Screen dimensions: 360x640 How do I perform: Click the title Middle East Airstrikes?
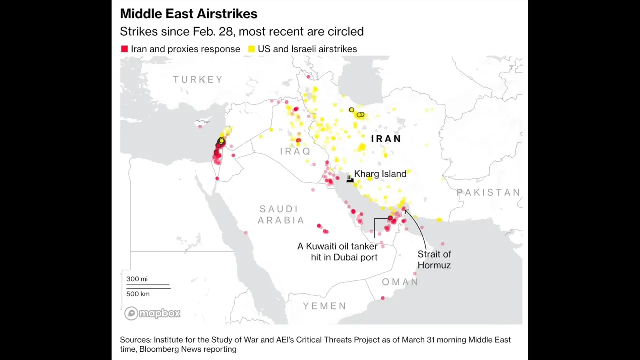click(188, 14)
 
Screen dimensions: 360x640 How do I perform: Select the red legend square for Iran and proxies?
click(124, 49)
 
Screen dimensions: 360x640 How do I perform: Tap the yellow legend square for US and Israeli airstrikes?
click(251, 49)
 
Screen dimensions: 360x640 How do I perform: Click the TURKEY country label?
click(198, 79)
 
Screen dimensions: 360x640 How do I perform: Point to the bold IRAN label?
click(386, 139)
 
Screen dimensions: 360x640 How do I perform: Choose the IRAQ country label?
click(295, 151)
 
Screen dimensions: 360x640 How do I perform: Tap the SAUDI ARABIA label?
click(281, 215)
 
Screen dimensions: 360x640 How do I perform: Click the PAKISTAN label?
click(488, 192)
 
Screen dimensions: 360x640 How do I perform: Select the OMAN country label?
click(400, 282)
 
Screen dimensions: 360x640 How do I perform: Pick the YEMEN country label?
click(325, 306)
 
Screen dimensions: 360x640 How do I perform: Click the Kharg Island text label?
click(380, 174)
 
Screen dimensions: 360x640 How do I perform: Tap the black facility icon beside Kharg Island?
click(350, 178)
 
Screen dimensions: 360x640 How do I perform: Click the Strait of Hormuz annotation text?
click(434, 260)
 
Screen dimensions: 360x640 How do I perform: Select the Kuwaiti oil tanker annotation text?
click(337, 252)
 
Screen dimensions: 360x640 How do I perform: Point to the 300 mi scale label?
click(137, 279)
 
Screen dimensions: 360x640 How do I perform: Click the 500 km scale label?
click(138, 294)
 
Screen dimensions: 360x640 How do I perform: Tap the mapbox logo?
click(152, 313)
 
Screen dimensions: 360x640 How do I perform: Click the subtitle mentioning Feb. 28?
click(241, 32)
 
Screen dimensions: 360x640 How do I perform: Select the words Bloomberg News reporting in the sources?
click(188, 349)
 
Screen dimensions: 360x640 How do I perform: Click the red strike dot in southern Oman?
click(383, 298)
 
